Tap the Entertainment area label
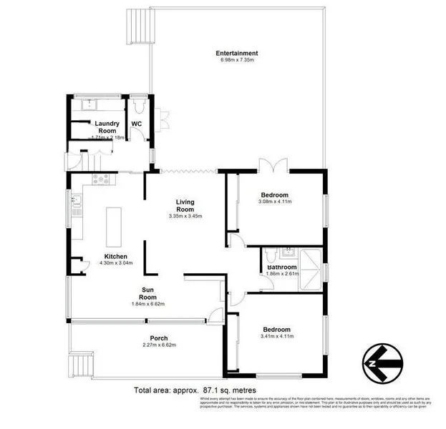(x=237, y=53)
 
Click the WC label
(x=136, y=123)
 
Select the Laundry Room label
(x=106, y=127)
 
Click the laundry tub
(x=89, y=104)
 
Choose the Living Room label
(x=186, y=205)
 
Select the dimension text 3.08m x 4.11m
(x=274, y=202)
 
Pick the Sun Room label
(x=148, y=293)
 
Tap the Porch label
(x=158, y=338)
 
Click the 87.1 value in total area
(x=210, y=391)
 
